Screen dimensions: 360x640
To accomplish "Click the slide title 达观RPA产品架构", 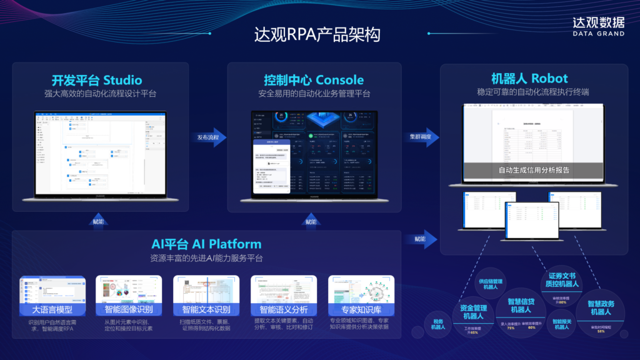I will coord(317,34).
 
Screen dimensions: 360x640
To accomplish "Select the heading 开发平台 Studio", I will coord(97,80).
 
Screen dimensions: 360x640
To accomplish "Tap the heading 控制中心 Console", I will coord(314,80).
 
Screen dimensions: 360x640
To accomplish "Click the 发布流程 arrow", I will coord(211,137).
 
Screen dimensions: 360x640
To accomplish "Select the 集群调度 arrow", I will coord(423,137).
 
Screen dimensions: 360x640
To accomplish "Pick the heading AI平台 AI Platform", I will coord(206,244).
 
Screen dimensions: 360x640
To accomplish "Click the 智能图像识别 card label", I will coord(129,310).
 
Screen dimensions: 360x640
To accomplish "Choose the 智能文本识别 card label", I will coord(206,310).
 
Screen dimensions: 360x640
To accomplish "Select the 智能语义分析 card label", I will coord(283,310).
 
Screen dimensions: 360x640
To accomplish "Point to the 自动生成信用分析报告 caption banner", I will coord(533,170).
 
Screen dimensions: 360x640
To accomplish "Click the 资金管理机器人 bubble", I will coord(473,312).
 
